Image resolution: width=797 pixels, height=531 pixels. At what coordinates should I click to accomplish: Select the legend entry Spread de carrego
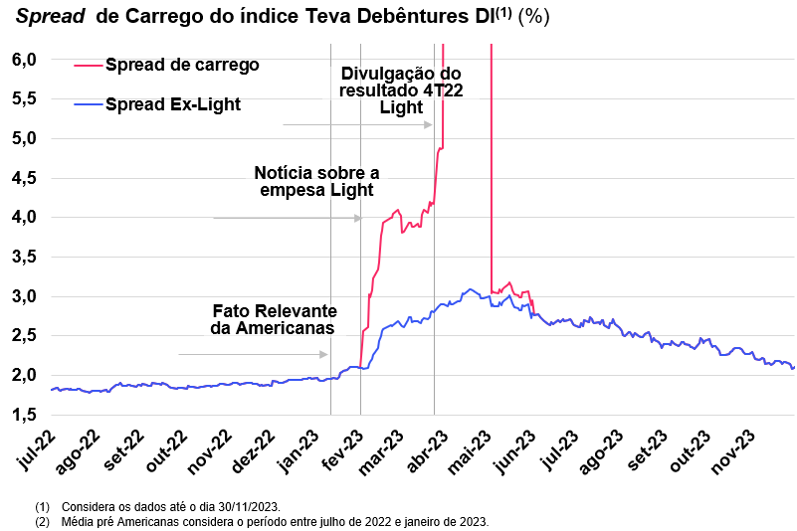click(x=181, y=65)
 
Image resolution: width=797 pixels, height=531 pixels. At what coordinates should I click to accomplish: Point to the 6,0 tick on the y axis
click(x=25, y=60)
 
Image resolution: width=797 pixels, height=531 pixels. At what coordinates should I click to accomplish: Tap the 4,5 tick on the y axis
click(x=25, y=178)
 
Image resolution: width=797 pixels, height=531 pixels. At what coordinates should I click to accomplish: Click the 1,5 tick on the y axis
click(x=25, y=415)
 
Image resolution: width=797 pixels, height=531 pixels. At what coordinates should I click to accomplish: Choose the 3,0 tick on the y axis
click(x=25, y=296)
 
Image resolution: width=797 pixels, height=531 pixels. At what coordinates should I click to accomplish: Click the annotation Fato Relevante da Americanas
click(x=274, y=318)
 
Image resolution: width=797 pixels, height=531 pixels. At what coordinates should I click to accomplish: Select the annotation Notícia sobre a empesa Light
click(x=315, y=181)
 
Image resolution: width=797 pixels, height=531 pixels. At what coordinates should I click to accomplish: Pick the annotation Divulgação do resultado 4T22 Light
click(x=401, y=90)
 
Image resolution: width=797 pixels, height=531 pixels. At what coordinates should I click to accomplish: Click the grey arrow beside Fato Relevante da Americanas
click(x=253, y=354)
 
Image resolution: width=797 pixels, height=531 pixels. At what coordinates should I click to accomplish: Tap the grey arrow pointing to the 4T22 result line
click(x=357, y=125)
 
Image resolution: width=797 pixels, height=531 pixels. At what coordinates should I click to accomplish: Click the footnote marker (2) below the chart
click(x=42, y=521)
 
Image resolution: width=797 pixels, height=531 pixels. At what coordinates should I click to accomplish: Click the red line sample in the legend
click(x=89, y=66)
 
